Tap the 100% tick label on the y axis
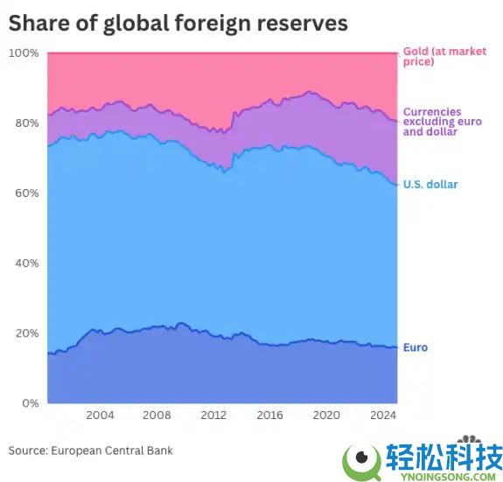(24, 53)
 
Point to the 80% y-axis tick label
(26, 123)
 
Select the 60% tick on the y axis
(26, 193)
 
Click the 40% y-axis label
(26, 263)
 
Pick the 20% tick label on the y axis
(26, 333)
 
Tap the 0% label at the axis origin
(30, 403)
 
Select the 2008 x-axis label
(157, 415)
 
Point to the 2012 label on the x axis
(213, 415)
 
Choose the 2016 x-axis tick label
(269, 415)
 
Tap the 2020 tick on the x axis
(326, 415)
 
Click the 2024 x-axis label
(382, 415)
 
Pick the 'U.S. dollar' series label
(430, 185)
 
